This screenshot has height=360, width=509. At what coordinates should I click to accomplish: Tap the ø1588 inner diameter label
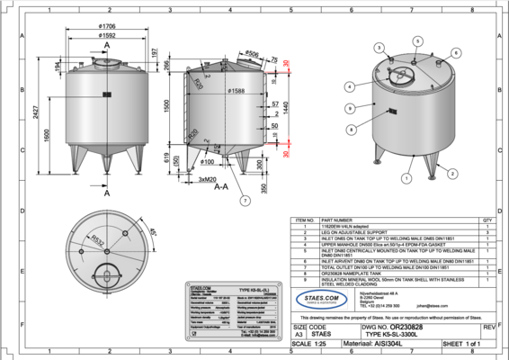[237, 92]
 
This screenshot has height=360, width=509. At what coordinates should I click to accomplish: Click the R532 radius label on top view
[94, 238]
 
